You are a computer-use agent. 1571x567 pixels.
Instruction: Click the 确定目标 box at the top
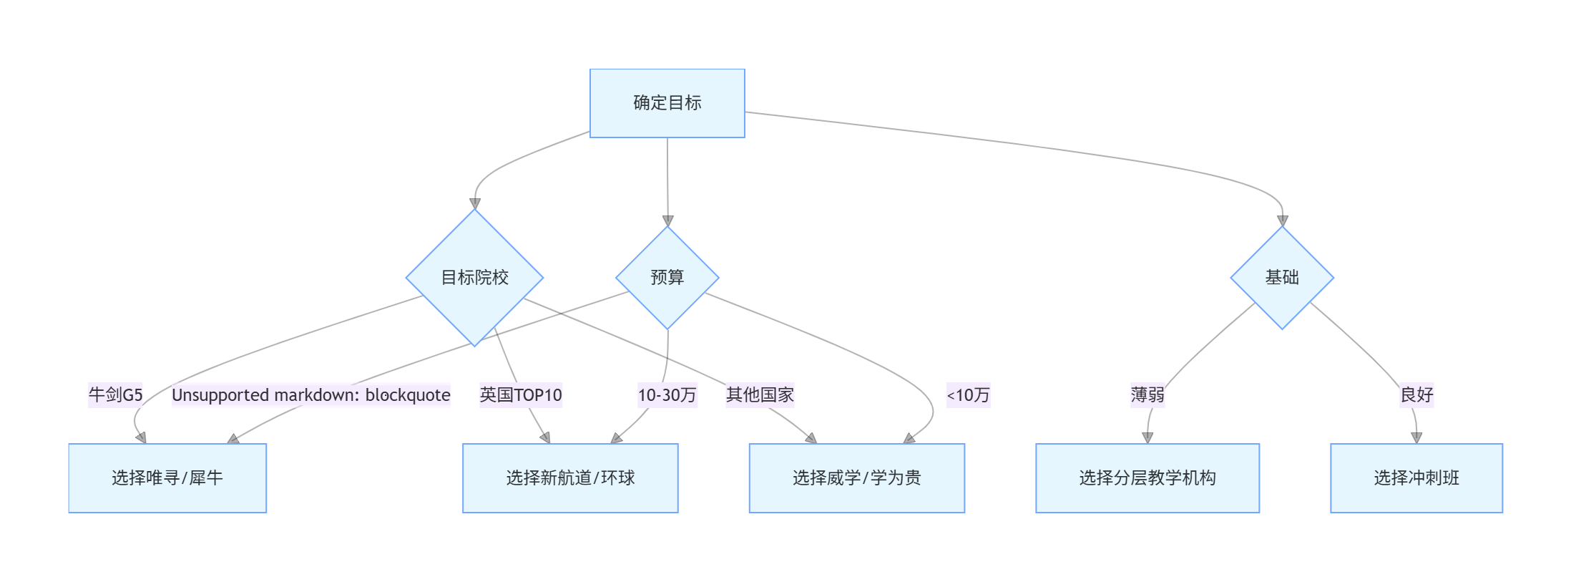pyautogui.click(x=667, y=103)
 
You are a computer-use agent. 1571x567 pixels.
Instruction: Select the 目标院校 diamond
pyautogui.click(x=474, y=278)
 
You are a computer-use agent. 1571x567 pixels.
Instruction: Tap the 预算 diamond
pyautogui.click(x=667, y=278)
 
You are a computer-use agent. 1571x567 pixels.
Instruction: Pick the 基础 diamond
pyautogui.click(x=1281, y=278)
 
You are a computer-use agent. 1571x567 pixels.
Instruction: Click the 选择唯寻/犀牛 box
pyautogui.click(x=167, y=478)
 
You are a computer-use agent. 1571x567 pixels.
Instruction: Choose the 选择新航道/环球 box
pyautogui.click(x=570, y=478)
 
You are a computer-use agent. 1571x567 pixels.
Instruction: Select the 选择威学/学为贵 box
pyautogui.click(x=856, y=478)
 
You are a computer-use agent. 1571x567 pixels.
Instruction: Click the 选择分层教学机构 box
pyautogui.click(x=1147, y=478)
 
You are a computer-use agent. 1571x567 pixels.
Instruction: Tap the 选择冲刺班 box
pyautogui.click(x=1416, y=478)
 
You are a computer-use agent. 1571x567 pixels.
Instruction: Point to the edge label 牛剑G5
pyautogui.click(x=115, y=395)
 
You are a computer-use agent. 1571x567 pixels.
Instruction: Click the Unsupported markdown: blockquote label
pyautogui.click(x=311, y=395)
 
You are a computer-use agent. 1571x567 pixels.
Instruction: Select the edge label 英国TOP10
pyautogui.click(x=521, y=395)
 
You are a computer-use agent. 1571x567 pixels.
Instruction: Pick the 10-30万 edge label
pyautogui.click(x=667, y=395)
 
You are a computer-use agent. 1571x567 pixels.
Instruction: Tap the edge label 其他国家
pyautogui.click(x=760, y=395)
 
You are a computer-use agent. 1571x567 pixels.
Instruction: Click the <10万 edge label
pyautogui.click(x=968, y=395)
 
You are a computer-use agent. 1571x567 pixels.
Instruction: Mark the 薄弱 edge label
pyautogui.click(x=1147, y=395)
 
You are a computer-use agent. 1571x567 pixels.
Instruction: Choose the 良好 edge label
pyautogui.click(x=1416, y=395)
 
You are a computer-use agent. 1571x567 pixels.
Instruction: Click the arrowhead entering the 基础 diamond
pyautogui.click(x=1282, y=221)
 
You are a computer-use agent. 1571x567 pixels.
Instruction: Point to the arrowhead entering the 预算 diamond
pyautogui.click(x=667, y=221)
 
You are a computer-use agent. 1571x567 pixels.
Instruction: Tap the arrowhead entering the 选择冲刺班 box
pyautogui.click(x=1416, y=438)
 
